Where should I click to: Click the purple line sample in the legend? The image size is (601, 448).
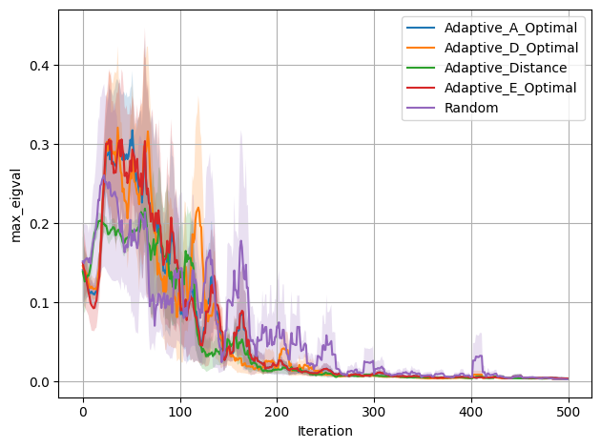[x=419, y=108]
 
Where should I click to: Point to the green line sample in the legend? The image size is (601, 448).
[x=419, y=68]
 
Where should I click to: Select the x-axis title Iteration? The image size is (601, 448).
[x=324, y=432]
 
